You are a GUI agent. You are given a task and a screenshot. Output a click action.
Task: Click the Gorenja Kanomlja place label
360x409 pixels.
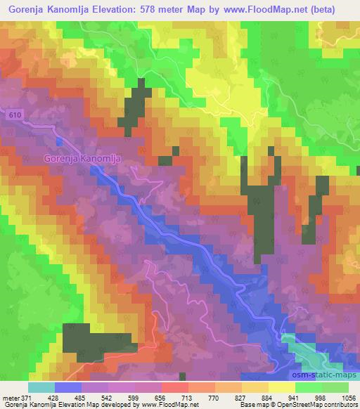82,159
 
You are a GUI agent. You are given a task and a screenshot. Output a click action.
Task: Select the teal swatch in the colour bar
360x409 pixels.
41,387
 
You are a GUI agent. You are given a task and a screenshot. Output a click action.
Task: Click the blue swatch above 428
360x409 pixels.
69,387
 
